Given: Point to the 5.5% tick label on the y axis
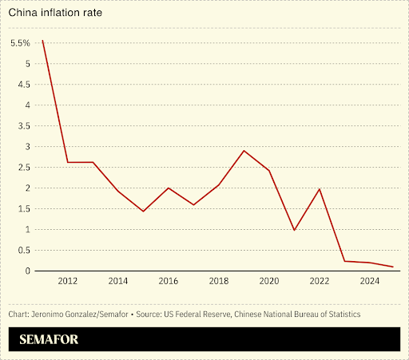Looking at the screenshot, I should (20, 43).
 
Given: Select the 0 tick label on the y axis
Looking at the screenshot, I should (27, 271).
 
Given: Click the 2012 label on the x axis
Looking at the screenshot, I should (68, 281).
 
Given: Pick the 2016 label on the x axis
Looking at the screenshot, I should (168, 281).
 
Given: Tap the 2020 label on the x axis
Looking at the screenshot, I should (268, 281).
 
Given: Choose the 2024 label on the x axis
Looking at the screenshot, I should (369, 281).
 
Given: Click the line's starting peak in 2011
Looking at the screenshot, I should (42, 40).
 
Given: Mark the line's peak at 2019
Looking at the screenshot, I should (244, 151).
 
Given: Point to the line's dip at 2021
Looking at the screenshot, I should (294, 230).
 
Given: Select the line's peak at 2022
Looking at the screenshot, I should (320, 189).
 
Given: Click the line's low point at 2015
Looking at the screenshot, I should (143, 212).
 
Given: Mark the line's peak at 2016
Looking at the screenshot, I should (168, 188).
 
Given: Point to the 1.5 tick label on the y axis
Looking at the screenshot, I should (23, 209).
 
